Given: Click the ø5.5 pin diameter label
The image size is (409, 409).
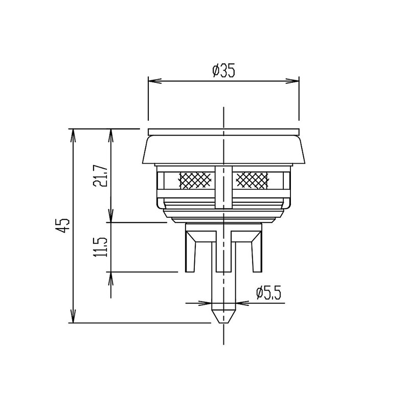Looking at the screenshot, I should (269, 293).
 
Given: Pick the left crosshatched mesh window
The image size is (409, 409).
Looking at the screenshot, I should (195, 179).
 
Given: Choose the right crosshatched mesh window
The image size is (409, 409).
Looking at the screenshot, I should (252, 179).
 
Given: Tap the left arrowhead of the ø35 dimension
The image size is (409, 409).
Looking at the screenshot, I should (152, 80).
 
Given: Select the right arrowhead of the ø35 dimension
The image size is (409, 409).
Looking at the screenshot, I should (295, 80).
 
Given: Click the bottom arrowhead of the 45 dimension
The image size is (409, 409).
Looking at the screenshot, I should (74, 319).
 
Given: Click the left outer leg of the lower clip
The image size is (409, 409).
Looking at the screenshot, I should (191, 253).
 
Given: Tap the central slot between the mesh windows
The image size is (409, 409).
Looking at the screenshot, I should (223, 187).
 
